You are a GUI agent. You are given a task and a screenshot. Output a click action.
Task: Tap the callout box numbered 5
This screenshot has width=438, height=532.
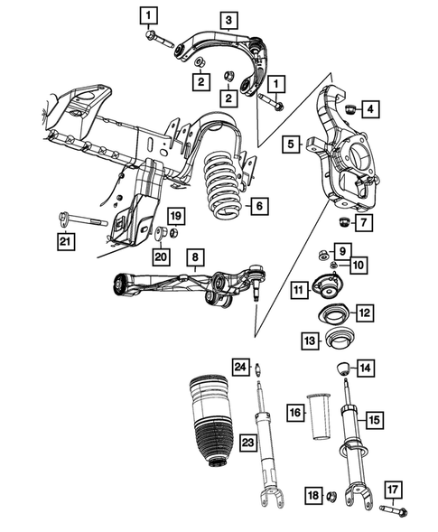point(291,144)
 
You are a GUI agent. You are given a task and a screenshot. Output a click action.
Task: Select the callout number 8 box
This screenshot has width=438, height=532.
point(193,257)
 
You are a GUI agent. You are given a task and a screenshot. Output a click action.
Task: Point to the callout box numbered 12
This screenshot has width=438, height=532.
point(363,313)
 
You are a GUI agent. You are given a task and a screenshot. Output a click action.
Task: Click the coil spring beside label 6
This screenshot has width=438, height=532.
point(218,190)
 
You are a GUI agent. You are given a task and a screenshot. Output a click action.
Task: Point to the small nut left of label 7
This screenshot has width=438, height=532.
point(344,222)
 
